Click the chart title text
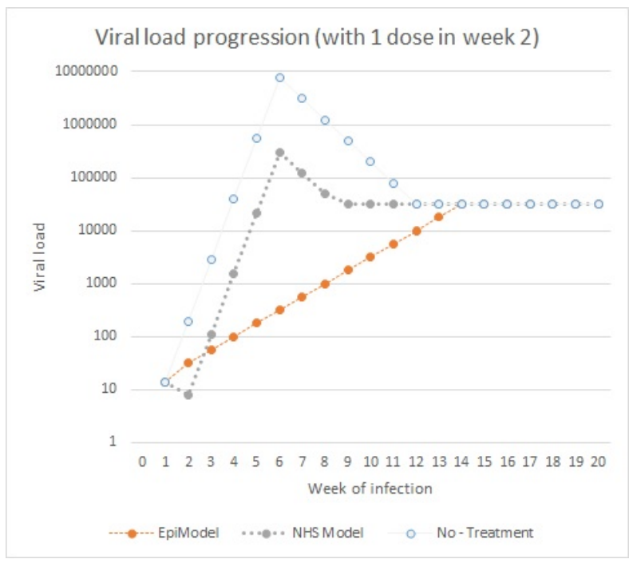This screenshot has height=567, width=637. point(317,38)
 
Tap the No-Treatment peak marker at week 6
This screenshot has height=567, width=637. point(279,77)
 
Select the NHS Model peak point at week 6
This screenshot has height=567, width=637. point(279,152)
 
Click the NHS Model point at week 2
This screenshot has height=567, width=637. point(188,395)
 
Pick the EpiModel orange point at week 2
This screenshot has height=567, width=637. point(188,363)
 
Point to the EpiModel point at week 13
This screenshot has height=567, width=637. point(438,216)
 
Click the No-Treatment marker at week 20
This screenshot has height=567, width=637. point(598,204)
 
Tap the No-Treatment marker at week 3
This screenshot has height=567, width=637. point(211,260)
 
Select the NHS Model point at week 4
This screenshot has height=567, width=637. point(234,273)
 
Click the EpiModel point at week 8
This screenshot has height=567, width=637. point(325,283)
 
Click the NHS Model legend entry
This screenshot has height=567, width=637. point(308,531)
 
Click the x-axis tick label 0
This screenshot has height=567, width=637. point(142,462)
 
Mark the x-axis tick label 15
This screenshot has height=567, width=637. point(484,462)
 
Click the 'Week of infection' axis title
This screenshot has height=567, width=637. point(370,487)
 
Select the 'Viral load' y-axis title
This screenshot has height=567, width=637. point(40,257)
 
